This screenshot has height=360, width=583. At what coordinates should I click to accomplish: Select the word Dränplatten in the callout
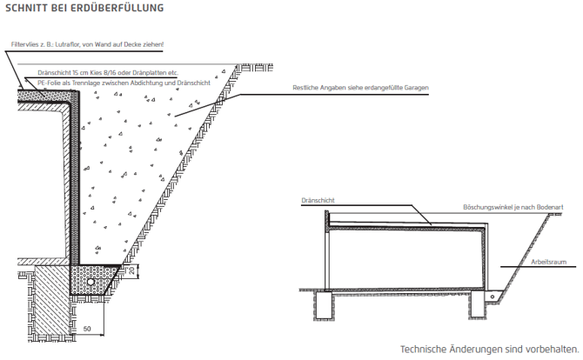148,73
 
